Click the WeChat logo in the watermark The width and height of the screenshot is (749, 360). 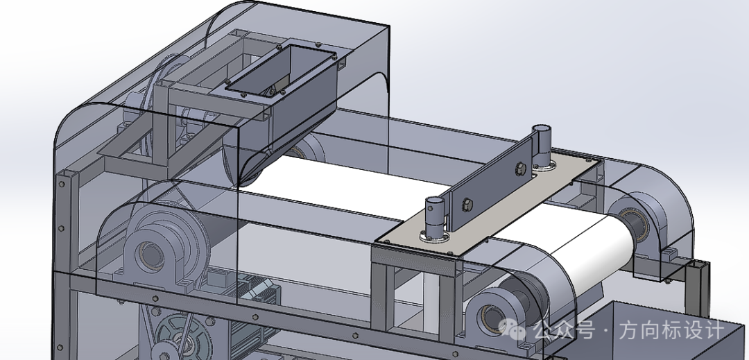coord(512,329)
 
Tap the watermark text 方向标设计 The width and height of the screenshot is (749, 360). coord(672,330)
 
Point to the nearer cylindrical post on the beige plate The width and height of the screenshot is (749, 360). coord(436,217)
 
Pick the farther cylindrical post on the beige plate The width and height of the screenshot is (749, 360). coord(542,146)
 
